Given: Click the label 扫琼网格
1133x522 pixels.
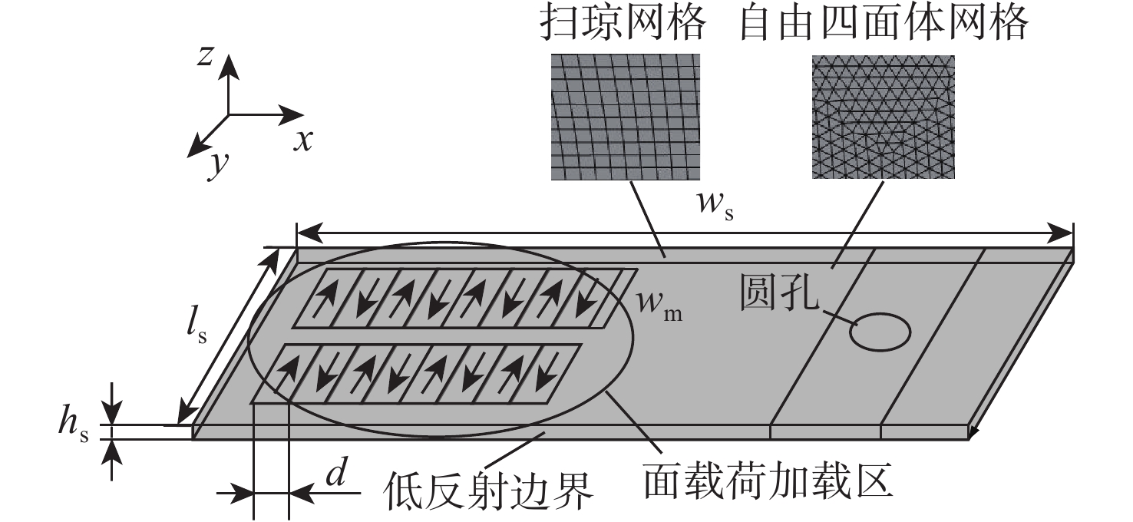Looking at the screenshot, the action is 623,23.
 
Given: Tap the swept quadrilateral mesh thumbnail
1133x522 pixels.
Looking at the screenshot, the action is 626,117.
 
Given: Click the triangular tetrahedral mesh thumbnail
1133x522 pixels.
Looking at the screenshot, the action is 884,117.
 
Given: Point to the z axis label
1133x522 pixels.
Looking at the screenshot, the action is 205,55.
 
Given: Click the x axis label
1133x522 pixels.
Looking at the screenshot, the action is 303,140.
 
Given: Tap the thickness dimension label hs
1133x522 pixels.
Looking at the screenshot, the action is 74,425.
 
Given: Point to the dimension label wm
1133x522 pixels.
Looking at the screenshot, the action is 659,305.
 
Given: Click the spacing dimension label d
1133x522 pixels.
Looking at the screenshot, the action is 336,474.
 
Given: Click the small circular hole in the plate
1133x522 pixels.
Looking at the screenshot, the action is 880,332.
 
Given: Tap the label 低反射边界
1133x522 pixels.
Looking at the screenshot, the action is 487,491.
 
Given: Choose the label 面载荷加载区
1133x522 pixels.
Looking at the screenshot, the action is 768,478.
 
